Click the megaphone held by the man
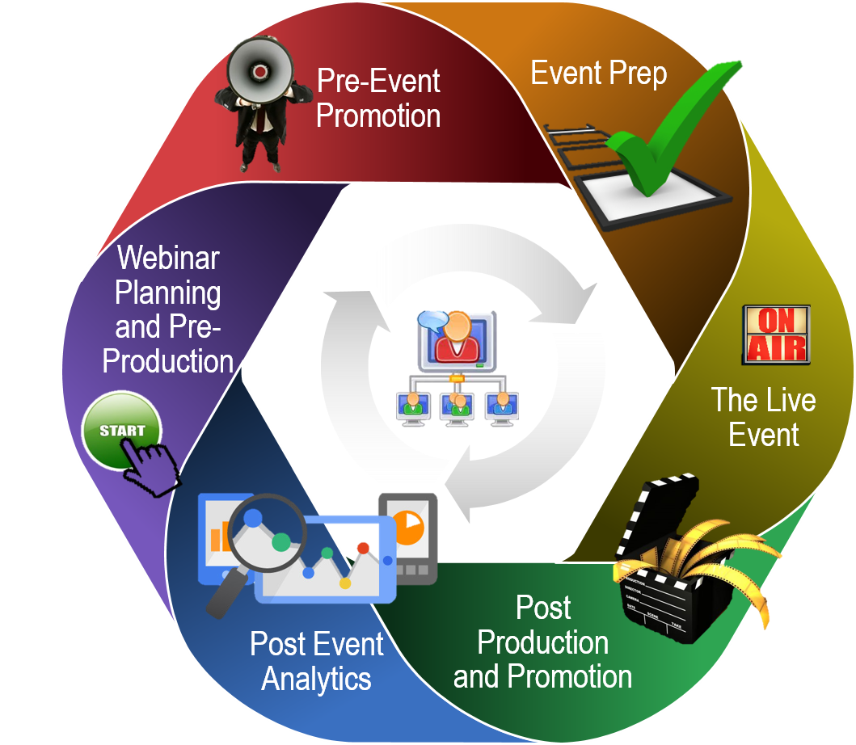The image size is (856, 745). [x=258, y=71]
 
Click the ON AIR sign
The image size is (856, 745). [x=775, y=334]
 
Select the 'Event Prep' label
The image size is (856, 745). [x=598, y=74]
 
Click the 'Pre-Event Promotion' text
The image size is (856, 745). [x=378, y=98]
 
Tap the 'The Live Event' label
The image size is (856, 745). [x=763, y=417]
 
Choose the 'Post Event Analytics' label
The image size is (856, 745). [x=316, y=661]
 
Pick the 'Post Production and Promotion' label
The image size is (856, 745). [x=542, y=642]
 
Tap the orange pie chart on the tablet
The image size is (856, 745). [x=410, y=527]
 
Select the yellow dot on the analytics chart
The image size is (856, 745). [x=345, y=583]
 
